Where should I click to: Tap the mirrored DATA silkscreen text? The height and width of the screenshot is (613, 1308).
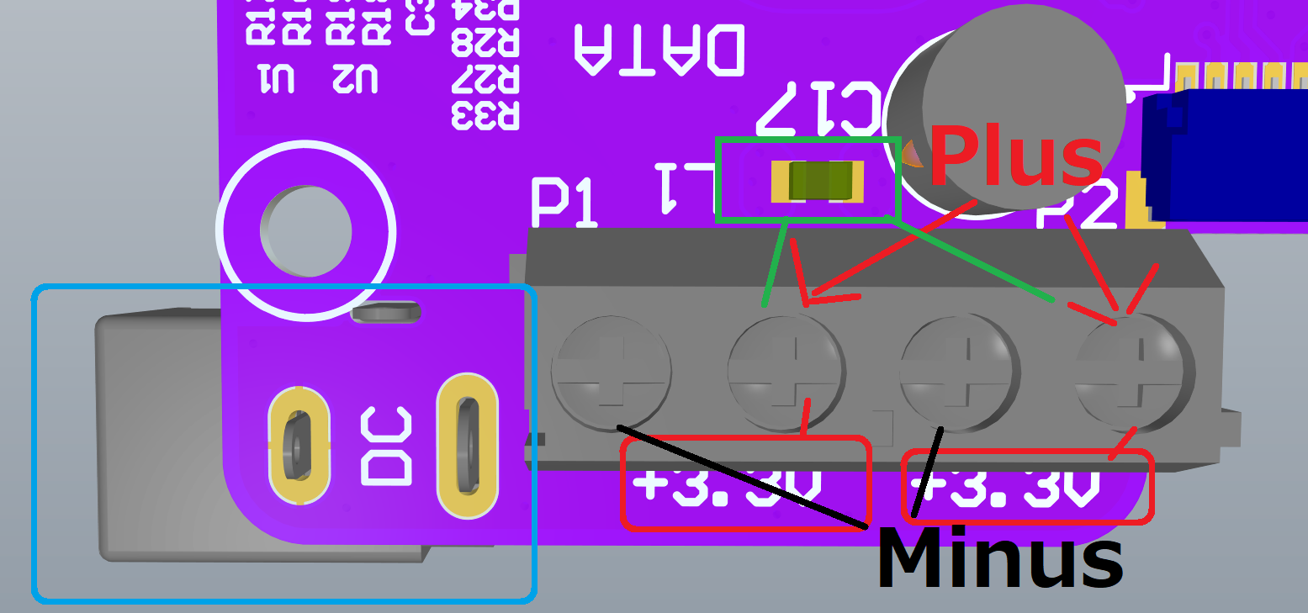(x=659, y=50)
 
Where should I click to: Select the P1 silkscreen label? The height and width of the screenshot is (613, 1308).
(x=565, y=203)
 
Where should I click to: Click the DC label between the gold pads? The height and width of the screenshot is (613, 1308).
(x=386, y=447)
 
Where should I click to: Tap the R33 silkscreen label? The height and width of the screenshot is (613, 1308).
(x=485, y=115)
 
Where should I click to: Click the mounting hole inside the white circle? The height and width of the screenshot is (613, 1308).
(x=305, y=231)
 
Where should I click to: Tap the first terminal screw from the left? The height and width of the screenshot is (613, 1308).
(x=611, y=373)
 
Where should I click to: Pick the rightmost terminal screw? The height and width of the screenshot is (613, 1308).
(x=1136, y=373)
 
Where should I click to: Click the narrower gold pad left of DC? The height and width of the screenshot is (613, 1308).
(x=299, y=446)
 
